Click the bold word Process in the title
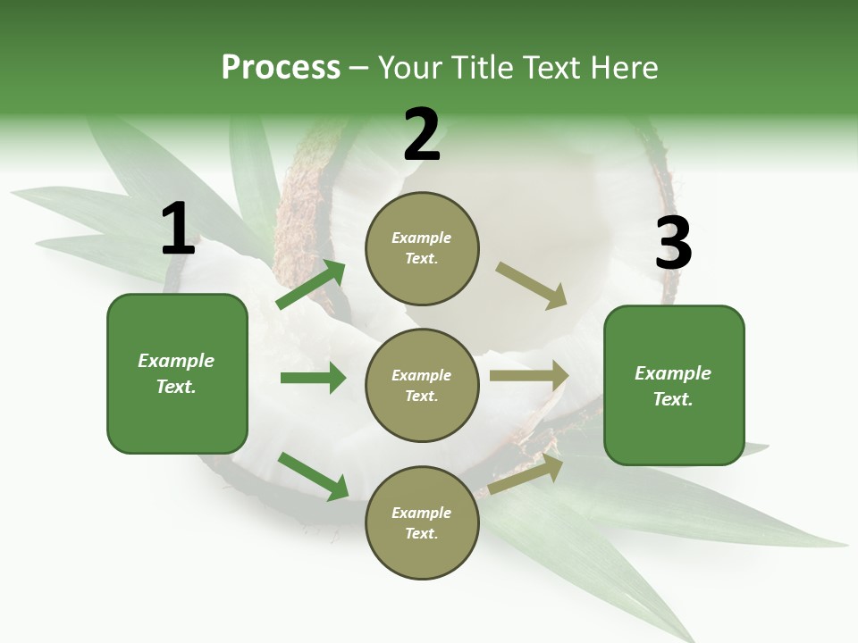click(281, 67)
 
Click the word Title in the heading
click(479, 67)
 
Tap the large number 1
click(178, 230)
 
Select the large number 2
click(422, 135)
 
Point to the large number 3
click(673, 244)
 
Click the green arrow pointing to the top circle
click(311, 285)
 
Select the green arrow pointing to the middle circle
click(313, 378)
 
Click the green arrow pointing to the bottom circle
click(314, 476)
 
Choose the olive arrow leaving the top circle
click(531, 286)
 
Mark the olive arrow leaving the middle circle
click(529, 376)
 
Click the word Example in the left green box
click(176, 361)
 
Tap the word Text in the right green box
click(672, 399)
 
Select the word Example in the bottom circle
click(421, 513)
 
